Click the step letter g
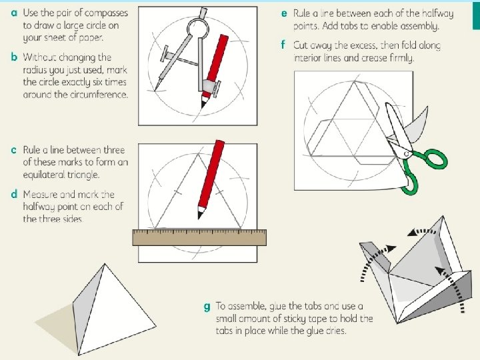pos(207,307)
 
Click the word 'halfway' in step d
pos(41,207)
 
